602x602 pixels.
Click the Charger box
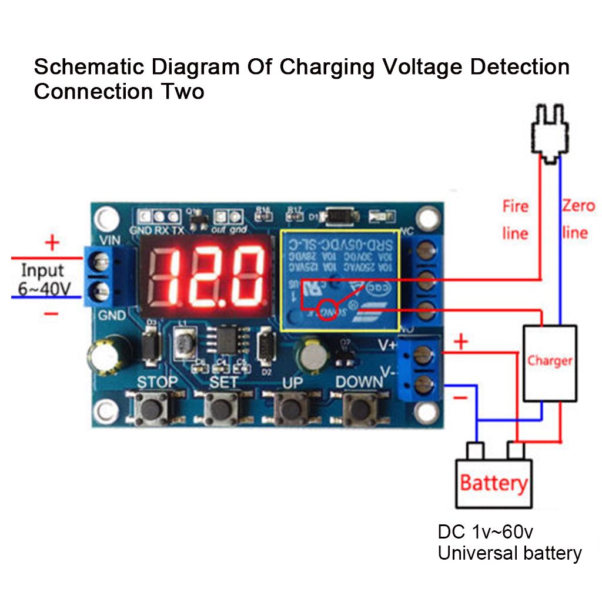[x=550, y=361]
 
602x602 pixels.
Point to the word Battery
[x=493, y=483]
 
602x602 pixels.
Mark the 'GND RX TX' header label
[x=155, y=230]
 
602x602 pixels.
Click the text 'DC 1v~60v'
[x=486, y=532]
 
